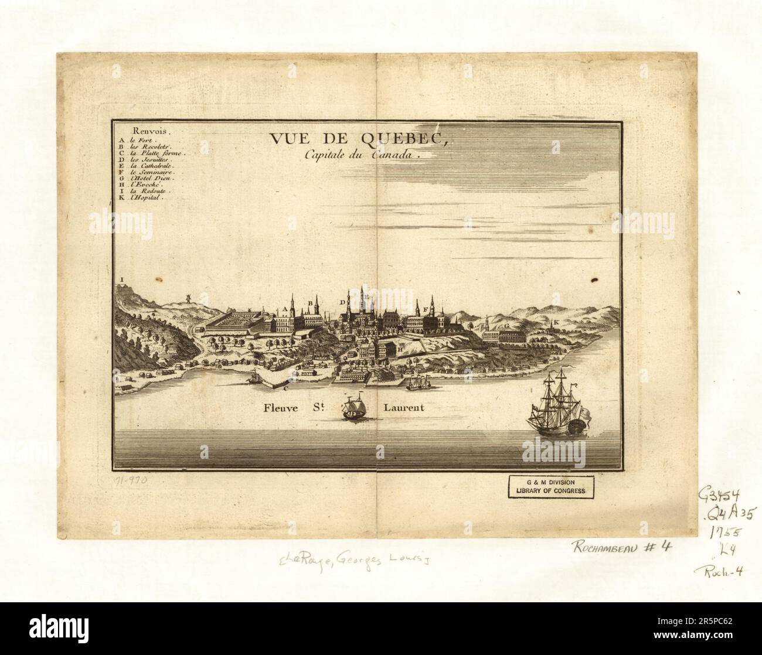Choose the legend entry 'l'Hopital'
[x=145, y=198]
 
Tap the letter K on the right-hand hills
[x=556, y=323]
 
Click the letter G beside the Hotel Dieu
[x=506, y=324]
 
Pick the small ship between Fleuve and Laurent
[x=353, y=408]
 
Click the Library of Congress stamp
[x=550, y=486]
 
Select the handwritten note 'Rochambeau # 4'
[x=622, y=547]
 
